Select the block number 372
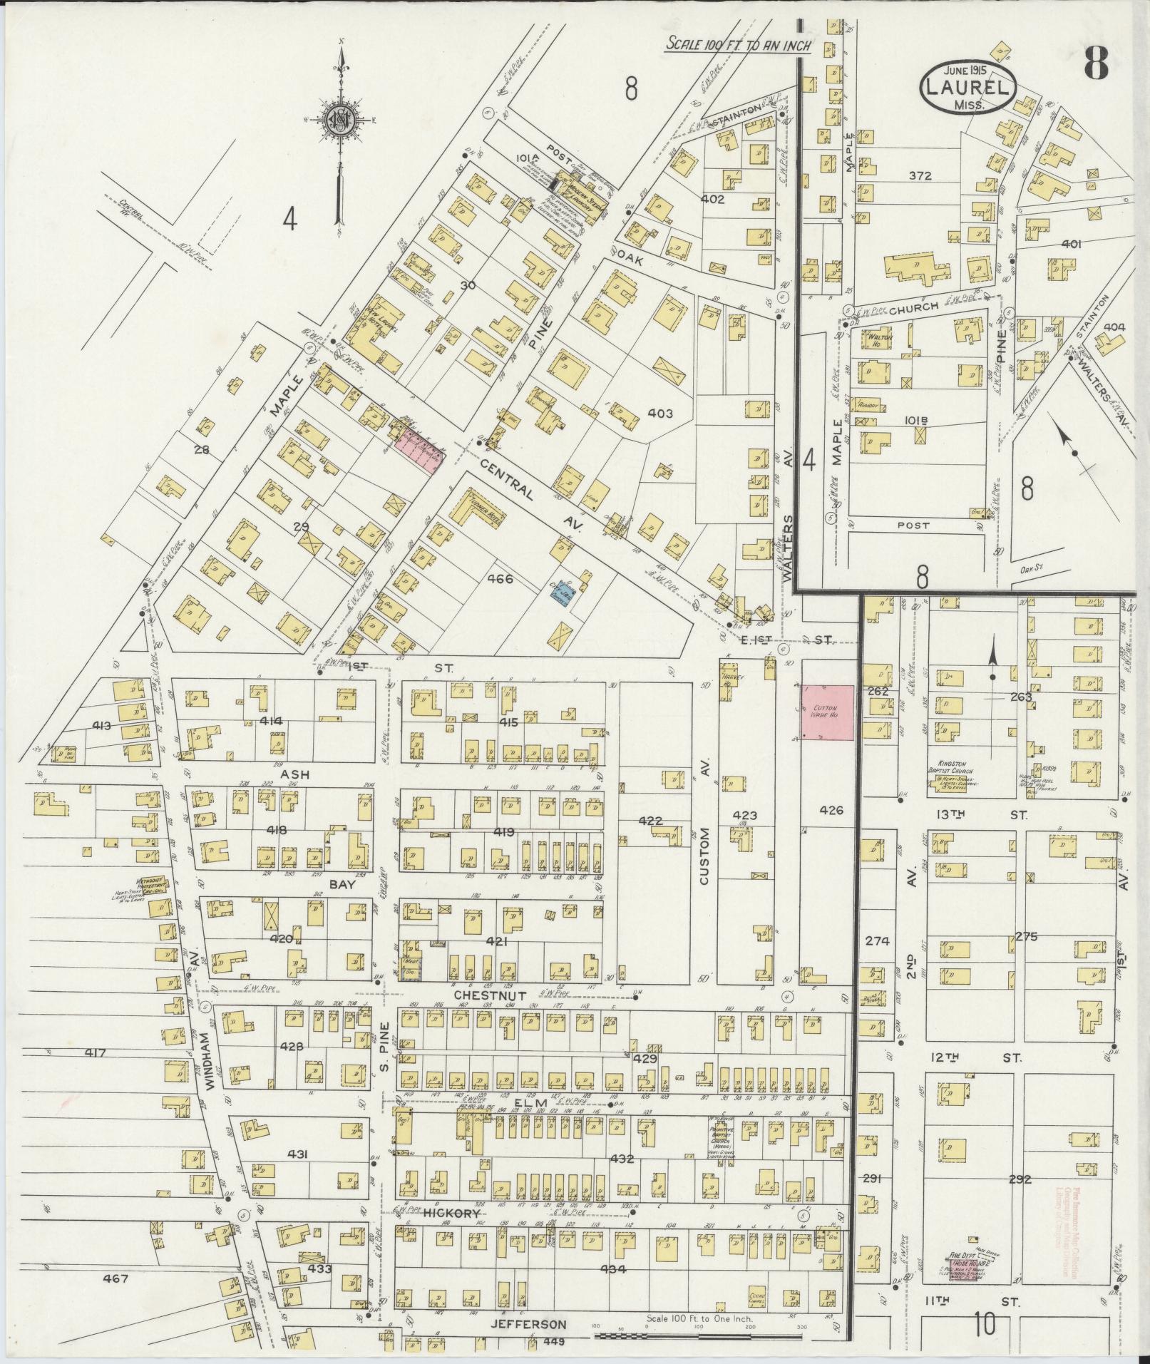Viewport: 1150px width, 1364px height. click(x=920, y=176)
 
